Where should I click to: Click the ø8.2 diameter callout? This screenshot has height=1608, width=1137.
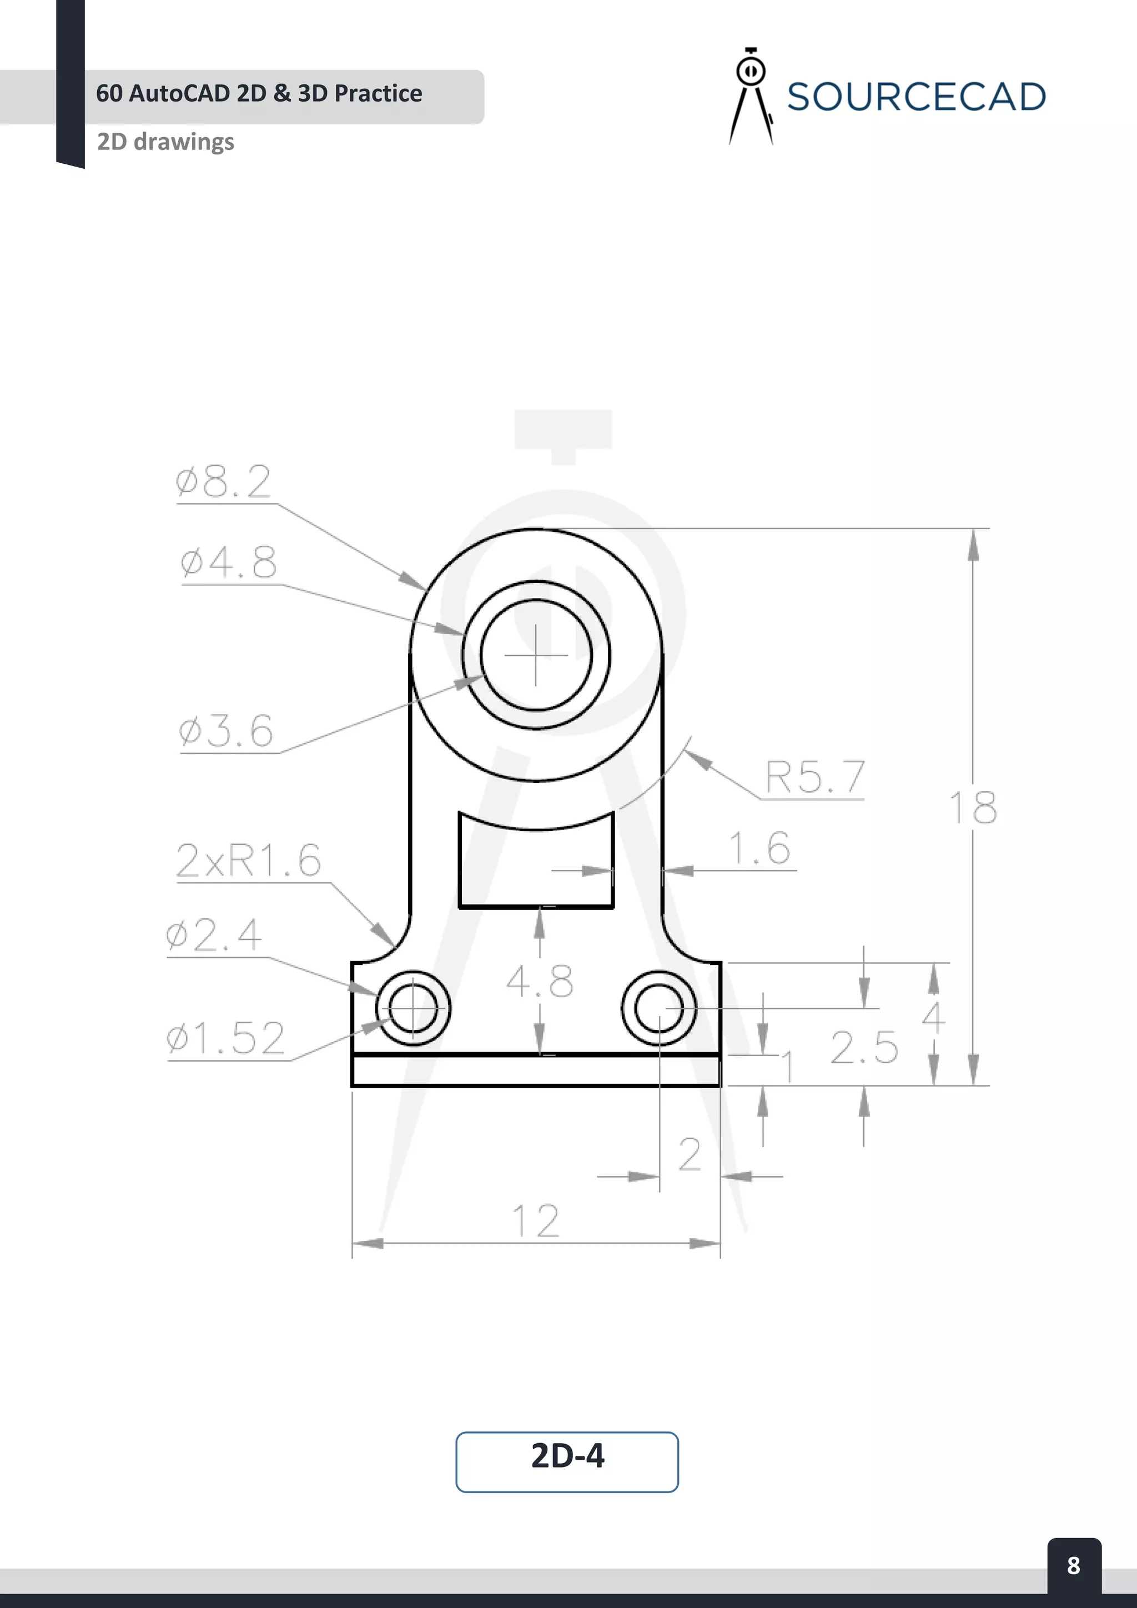[x=223, y=482]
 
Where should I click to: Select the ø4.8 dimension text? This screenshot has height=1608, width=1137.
[x=228, y=562]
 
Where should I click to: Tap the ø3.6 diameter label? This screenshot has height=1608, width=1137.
[x=225, y=731]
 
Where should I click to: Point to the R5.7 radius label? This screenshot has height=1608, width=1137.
[x=815, y=777]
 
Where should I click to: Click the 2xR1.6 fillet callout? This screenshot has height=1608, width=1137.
[x=248, y=860]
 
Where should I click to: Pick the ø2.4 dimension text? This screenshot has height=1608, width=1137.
[x=214, y=935]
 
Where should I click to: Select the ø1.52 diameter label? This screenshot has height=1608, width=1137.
[x=225, y=1038]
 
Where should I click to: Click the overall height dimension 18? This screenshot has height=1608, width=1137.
[x=973, y=807]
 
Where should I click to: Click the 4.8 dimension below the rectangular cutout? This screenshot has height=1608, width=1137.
[x=539, y=981]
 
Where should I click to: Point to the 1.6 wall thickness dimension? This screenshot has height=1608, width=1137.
[x=759, y=848]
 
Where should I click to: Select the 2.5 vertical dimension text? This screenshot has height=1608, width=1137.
[x=864, y=1048]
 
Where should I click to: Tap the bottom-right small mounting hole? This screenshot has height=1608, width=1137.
[x=659, y=1008]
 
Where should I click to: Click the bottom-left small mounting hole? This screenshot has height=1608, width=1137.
[x=413, y=1008]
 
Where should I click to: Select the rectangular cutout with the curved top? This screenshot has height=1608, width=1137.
[x=536, y=868]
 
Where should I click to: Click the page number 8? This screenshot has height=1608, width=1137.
[x=1073, y=1565]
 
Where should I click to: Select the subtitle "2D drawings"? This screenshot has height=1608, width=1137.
[x=165, y=142]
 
